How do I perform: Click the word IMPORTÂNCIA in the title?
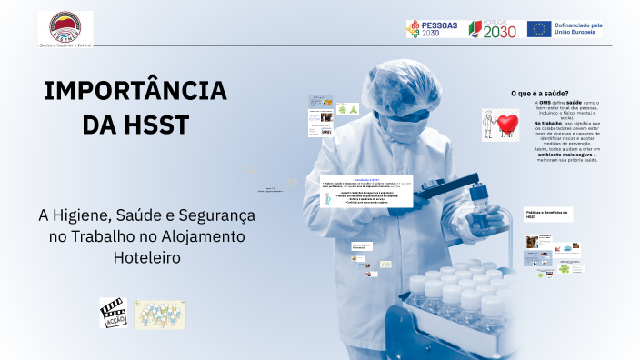click(135, 91)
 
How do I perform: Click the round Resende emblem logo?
click(65, 25)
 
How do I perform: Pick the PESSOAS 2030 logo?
click(432, 29)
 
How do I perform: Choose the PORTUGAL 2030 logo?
click(492, 29)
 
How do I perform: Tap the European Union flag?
click(538, 29)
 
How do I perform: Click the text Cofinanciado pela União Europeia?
click(577, 29)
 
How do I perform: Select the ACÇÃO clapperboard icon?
click(113, 313)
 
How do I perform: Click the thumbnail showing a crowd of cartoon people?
click(160, 315)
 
